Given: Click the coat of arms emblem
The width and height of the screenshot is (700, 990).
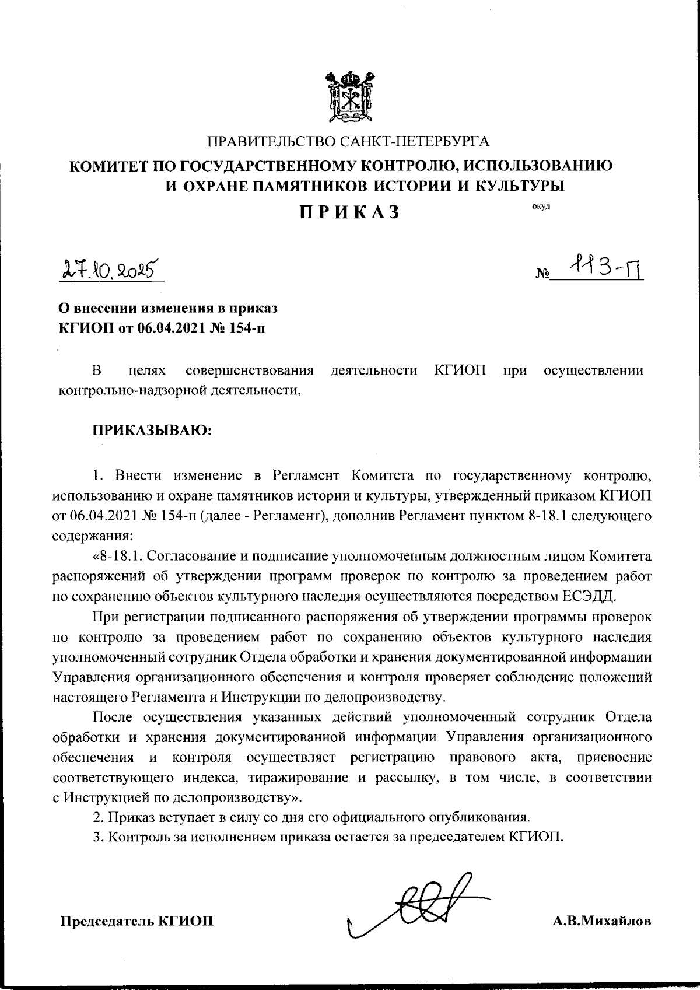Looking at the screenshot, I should coord(349,96).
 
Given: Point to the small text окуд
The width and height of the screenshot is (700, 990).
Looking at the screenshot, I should coord(540,206).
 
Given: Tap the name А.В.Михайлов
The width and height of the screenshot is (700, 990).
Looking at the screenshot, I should coord(602,921).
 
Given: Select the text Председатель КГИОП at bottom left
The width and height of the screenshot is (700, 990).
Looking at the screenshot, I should coord(137,921).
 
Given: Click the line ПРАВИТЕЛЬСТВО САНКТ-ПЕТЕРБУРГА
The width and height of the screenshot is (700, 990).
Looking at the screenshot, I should coord(349,142).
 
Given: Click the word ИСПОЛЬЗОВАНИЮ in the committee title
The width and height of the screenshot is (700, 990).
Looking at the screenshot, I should coord(538,166).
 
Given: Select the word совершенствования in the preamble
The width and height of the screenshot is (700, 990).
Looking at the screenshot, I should coord(249,370).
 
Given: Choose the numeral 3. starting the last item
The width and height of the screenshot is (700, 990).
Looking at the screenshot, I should coord(97,836).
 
